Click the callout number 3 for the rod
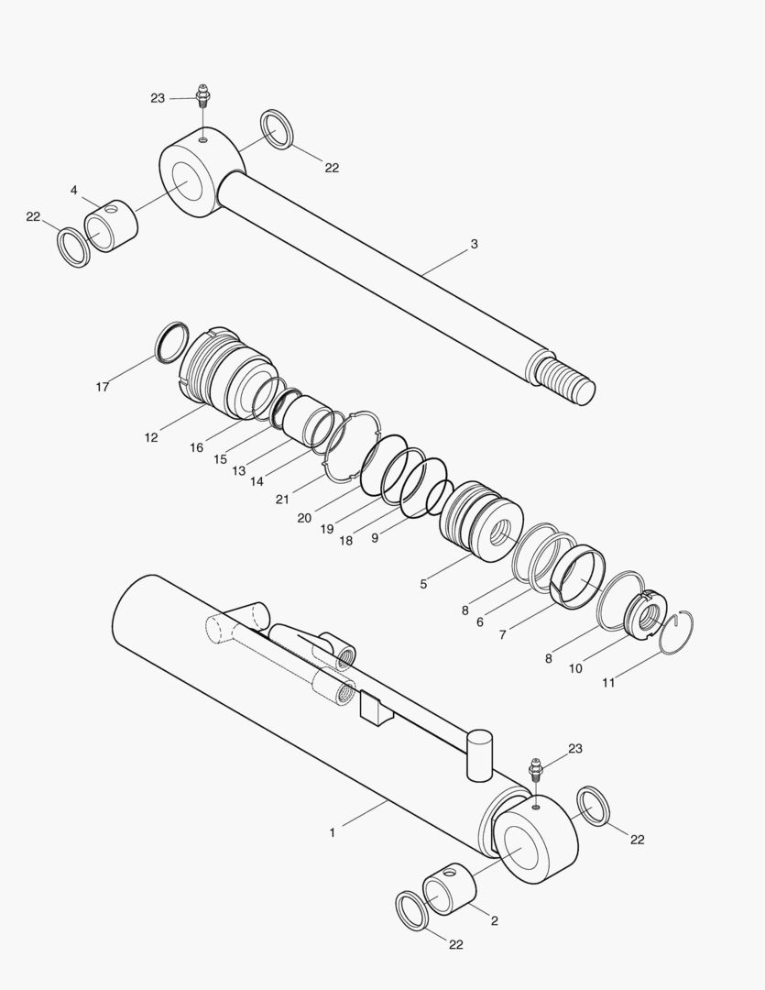click(474, 244)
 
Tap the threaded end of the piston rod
click(565, 379)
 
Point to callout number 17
click(103, 387)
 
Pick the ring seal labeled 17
click(172, 341)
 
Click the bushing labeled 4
click(111, 225)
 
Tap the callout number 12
click(151, 437)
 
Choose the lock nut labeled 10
click(647, 614)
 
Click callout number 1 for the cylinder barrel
click(332, 832)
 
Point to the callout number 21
click(282, 499)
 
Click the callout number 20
click(304, 518)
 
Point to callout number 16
click(196, 447)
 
